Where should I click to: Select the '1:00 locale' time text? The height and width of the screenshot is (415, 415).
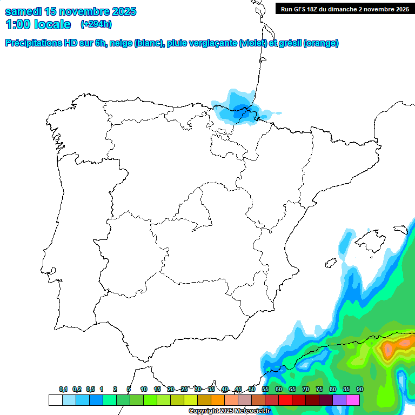[38, 24]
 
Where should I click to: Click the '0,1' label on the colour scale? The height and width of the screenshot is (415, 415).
[63, 389]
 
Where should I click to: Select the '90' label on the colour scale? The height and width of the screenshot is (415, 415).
[359, 389]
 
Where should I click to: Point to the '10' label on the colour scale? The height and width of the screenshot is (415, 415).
[144, 389]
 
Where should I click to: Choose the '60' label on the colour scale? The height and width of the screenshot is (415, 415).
[279, 389]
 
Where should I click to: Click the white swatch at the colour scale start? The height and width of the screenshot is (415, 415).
[55, 400]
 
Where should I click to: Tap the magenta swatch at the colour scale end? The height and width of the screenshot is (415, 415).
[352, 400]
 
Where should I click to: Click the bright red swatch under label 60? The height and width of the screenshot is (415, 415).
[285, 400]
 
